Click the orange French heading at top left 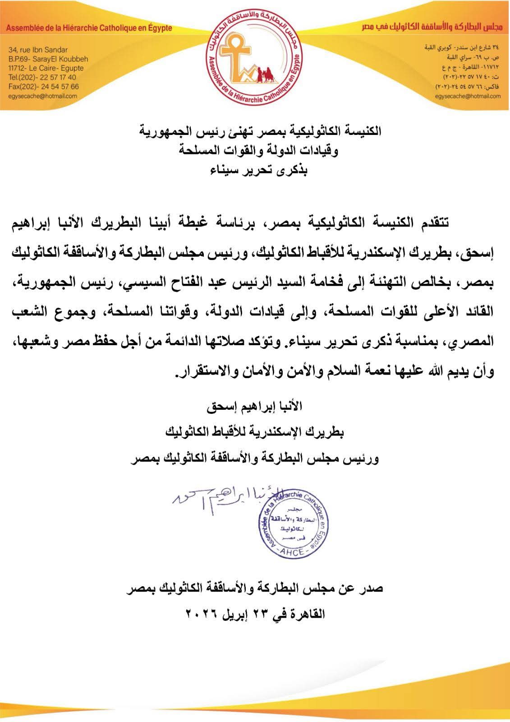(89, 28)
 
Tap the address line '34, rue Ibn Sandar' (38, 50)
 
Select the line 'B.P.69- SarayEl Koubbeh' (48, 59)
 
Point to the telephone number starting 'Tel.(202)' (42, 77)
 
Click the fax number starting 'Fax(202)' (43, 86)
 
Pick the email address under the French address (42, 96)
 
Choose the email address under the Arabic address (468, 96)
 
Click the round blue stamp (293, 523)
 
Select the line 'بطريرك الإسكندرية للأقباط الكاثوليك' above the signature (255, 432)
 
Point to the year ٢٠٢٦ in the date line (203, 614)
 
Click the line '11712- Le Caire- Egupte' (46, 68)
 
